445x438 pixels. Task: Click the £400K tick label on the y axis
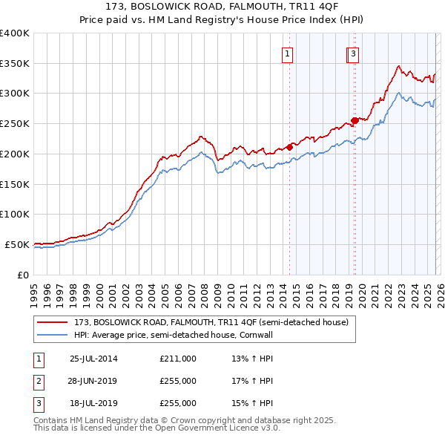15,33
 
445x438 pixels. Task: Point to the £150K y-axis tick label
15,183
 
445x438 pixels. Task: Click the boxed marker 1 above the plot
287,53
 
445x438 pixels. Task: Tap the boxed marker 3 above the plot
353,53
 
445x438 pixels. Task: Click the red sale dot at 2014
290,147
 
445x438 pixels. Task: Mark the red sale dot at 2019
355,120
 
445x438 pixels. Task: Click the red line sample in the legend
53,322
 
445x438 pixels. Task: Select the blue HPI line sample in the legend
53,335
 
